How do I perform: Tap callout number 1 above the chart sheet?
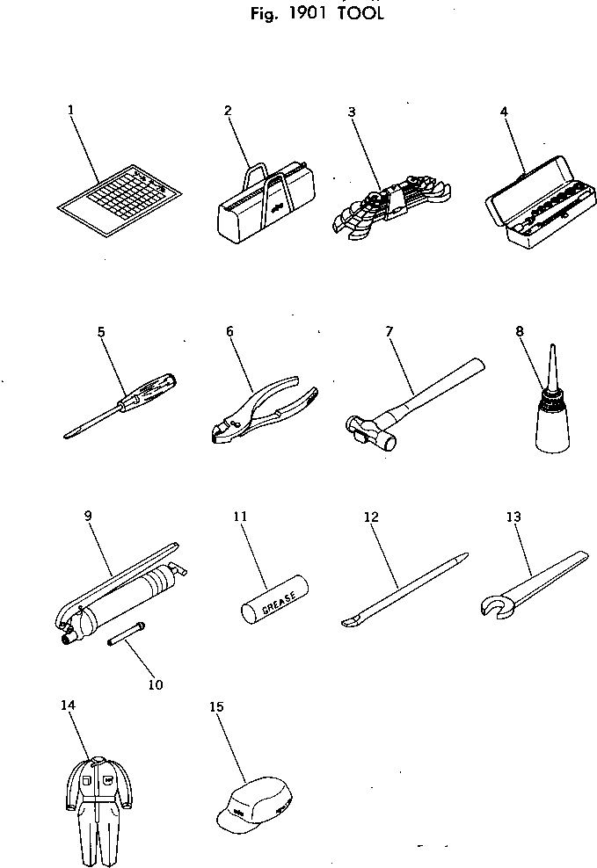click(x=70, y=110)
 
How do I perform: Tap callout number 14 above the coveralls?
click(x=69, y=705)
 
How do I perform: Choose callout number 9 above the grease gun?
click(x=89, y=516)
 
